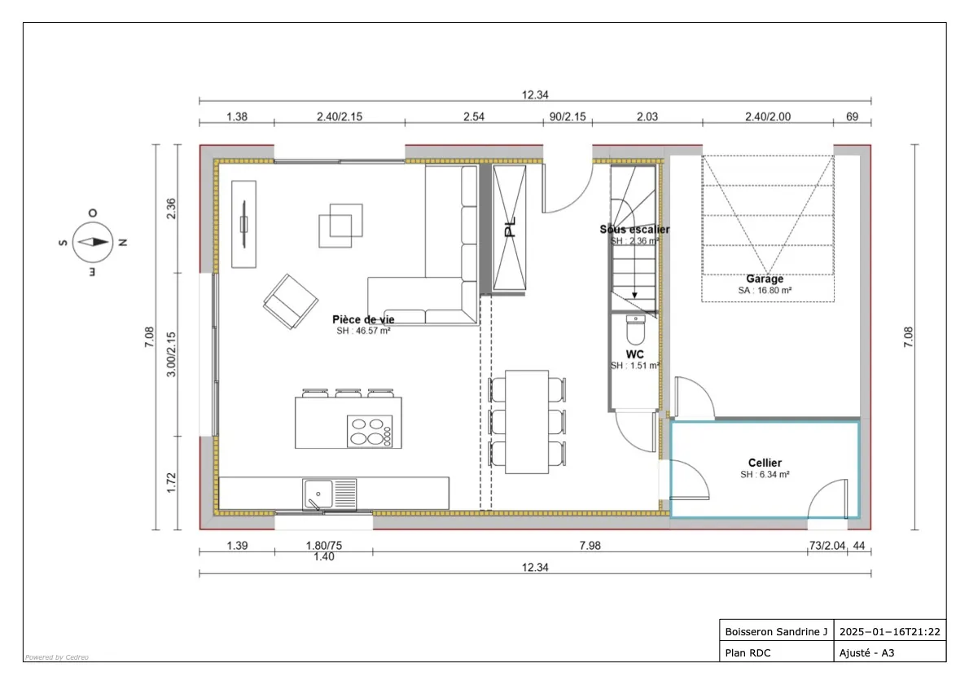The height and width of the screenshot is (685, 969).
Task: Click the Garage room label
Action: coord(765,279)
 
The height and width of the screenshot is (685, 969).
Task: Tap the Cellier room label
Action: coord(765,463)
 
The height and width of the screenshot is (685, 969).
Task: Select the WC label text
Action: coord(635,354)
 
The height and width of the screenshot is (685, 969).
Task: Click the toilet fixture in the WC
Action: coord(635,330)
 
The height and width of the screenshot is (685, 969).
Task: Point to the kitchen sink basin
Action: coord(318,493)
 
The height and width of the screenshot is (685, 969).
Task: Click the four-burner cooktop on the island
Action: coord(370,431)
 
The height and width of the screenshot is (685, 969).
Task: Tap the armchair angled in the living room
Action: coord(290,301)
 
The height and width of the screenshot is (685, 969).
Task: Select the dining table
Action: coord(526,421)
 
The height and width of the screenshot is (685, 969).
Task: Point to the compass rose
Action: coord(92,241)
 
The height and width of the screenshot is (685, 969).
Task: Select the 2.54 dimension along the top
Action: coord(474,116)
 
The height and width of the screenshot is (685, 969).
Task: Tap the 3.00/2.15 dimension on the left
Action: coord(172,354)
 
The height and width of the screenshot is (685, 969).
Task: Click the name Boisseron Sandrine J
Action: coord(775,631)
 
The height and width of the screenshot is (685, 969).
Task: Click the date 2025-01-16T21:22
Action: coord(890,631)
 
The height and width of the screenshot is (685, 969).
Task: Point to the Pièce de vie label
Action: coord(363,319)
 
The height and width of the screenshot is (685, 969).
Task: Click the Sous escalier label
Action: coord(634,230)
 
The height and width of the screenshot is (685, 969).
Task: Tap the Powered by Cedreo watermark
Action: coord(56,656)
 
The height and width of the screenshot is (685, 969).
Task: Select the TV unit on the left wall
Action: coord(243,224)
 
